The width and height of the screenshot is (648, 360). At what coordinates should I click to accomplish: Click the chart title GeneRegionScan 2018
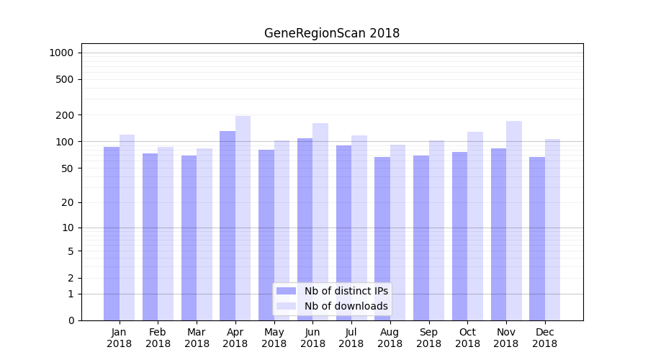pos(331,33)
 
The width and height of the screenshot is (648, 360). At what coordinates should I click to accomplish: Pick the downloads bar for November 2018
pos(514,220)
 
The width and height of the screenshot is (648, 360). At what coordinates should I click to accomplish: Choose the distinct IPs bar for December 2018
pos(537,238)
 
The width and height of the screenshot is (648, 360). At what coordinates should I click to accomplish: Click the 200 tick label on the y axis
pos(64,115)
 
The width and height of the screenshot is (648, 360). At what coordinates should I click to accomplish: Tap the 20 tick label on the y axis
pos(67,202)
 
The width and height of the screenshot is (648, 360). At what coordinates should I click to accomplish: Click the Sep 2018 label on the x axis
pos(428,338)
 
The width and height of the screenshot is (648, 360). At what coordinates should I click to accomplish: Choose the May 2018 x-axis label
pos(274,338)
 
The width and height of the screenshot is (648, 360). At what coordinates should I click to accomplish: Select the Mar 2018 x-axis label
pos(197,338)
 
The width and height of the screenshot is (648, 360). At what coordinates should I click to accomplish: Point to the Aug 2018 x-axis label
pos(390,338)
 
